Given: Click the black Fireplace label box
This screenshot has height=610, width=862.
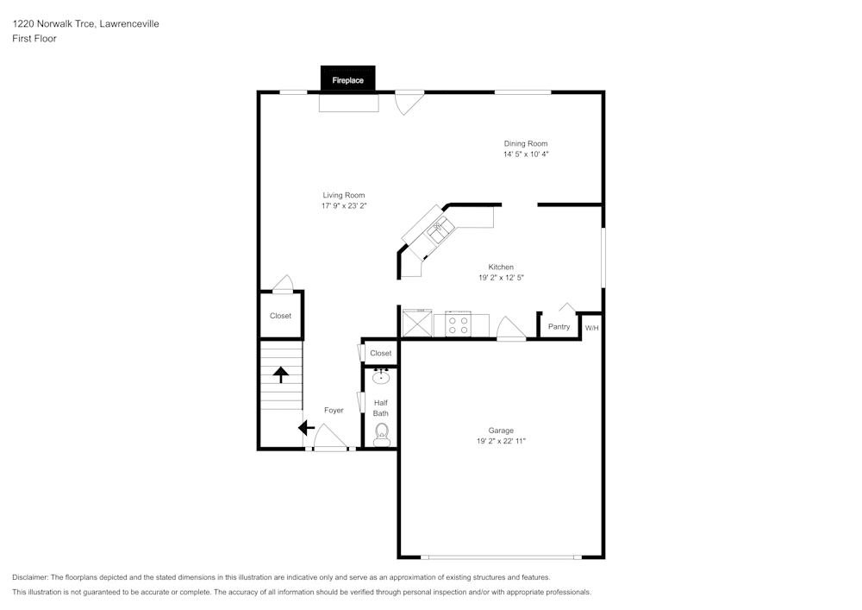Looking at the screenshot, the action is coord(348,79).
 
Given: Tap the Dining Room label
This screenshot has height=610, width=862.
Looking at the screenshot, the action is coord(526,143).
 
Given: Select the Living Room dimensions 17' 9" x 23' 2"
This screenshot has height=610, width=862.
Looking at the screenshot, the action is coord(344,205).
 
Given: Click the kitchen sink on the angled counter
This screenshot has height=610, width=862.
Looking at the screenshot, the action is coord(440,230).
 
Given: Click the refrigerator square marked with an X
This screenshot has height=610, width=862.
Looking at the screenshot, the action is coord(417,323).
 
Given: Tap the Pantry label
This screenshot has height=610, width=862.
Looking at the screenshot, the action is coord(559,327).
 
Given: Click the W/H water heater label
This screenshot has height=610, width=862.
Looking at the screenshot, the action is coord(592,329).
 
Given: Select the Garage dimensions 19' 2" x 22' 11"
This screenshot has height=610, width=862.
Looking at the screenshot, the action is coord(502,441).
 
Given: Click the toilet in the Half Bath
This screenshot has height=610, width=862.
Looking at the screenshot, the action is coord(382,435).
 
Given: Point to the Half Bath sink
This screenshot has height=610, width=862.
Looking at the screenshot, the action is coord(381,377).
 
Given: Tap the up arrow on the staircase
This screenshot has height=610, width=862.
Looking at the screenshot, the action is coord(281,374).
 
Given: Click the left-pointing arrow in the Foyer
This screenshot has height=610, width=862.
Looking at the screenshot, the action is coord(306,427).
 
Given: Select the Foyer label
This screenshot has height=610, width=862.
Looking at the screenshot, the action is coord(334,411).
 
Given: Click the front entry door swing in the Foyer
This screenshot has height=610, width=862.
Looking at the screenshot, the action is coord(330,437).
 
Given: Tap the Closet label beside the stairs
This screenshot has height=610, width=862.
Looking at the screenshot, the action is coord(280,316).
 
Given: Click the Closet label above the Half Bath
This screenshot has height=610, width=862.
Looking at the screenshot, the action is coord(381,353).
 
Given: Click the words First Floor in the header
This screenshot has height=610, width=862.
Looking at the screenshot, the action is coord(34,39).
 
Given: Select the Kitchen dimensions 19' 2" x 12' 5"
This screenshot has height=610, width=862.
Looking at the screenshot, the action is coord(502,278).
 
